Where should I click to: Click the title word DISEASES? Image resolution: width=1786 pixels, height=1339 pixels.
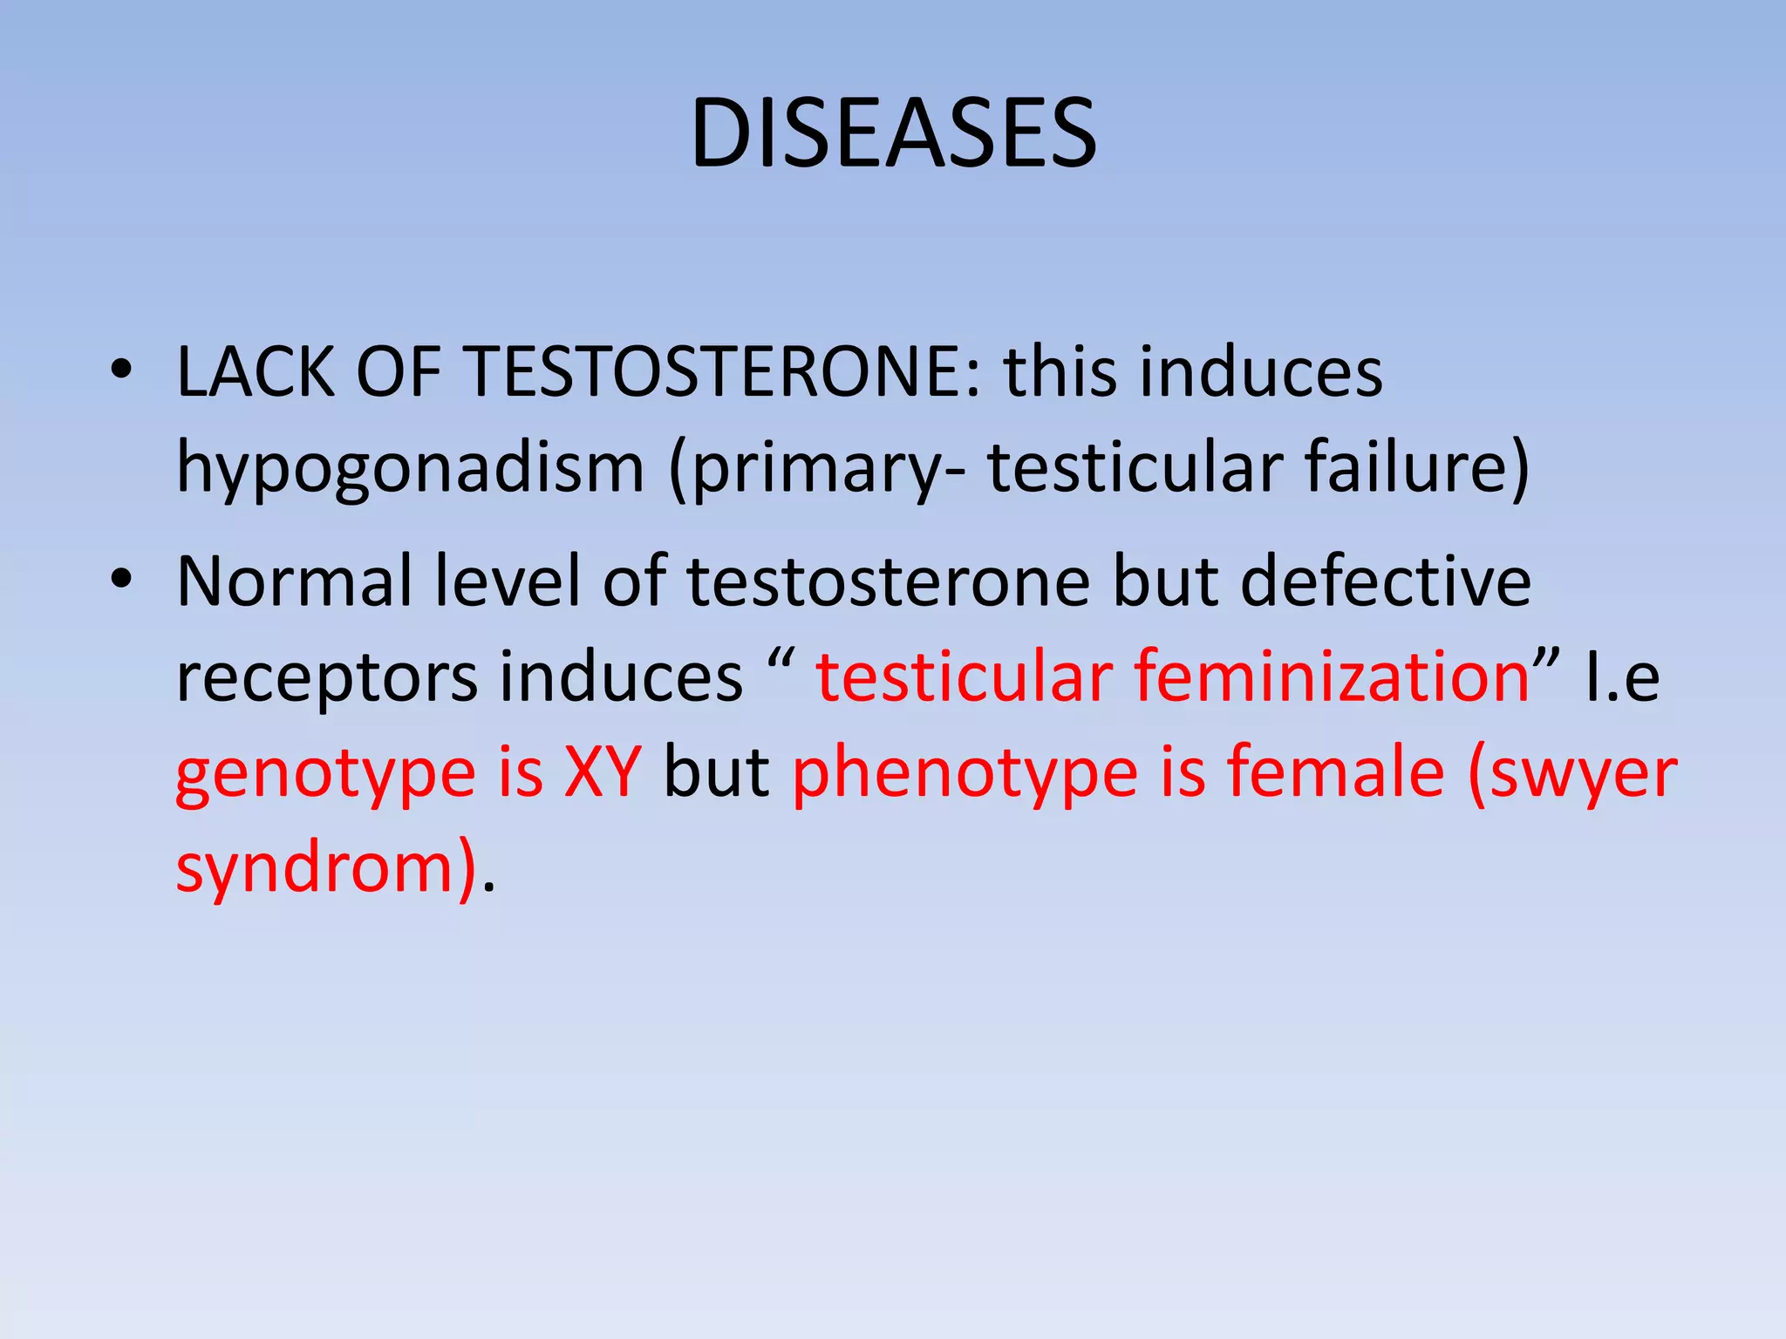coord(893,134)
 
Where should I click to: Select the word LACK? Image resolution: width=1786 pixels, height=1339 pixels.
coord(256,373)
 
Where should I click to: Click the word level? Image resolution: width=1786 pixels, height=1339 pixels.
coord(507,581)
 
